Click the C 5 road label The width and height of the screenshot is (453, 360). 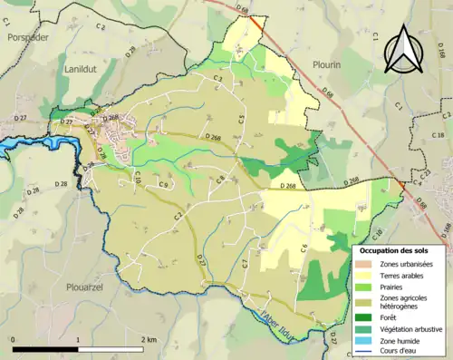242,119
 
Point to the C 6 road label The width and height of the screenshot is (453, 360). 304,248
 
